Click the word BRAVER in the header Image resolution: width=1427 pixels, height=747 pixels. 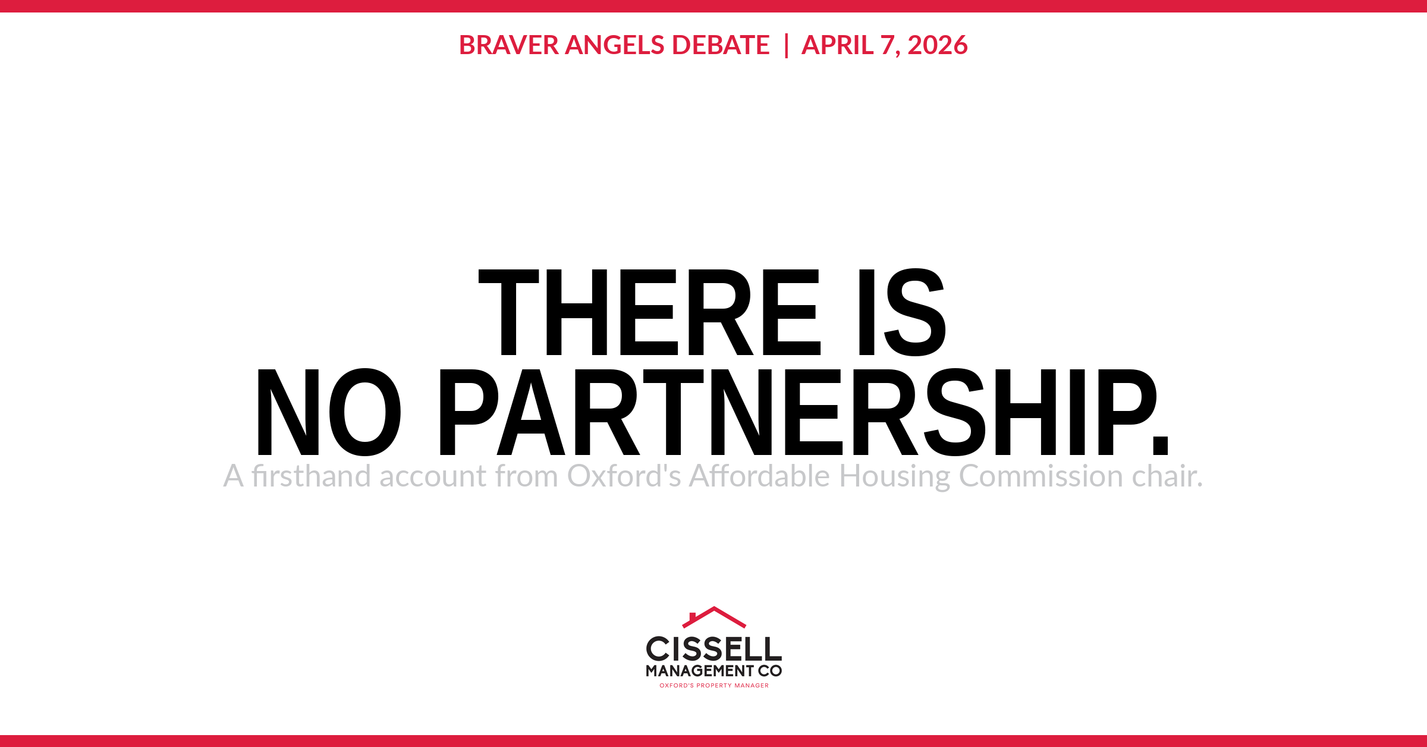point(508,45)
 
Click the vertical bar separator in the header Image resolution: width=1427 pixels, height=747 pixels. point(786,45)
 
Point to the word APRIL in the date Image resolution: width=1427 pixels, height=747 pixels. point(837,45)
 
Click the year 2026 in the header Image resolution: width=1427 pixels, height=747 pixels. point(938,45)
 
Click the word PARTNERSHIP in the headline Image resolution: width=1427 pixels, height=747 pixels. point(797,412)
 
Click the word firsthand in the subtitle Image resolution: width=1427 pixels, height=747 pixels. point(310,476)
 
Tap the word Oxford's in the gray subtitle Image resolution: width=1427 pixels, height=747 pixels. point(624,476)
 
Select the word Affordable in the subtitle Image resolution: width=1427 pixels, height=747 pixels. point(759,476)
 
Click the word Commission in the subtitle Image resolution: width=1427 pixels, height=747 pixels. point(1041,476)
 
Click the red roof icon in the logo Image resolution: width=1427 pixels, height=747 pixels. point(713,617)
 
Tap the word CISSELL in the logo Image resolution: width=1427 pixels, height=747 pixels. point(713,649)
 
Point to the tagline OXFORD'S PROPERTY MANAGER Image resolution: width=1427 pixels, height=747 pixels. point(713,686)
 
